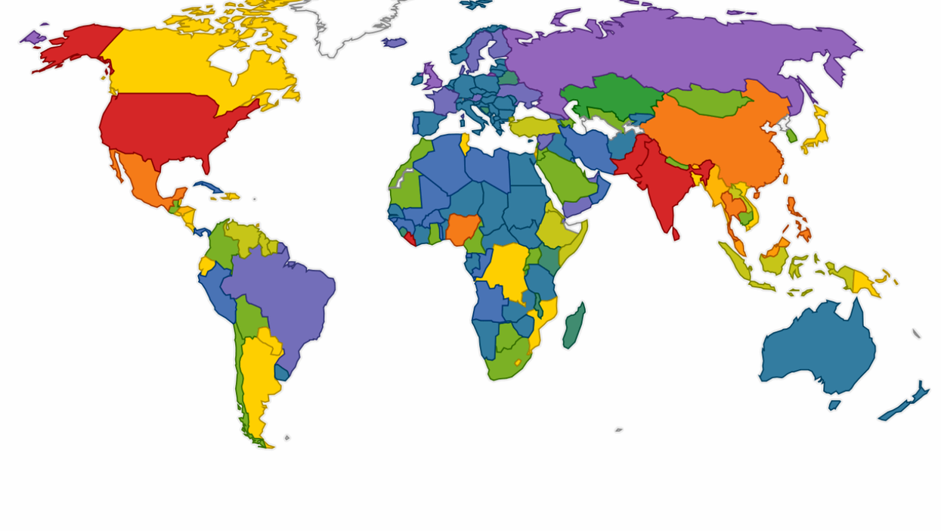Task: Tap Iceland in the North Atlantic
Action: point(394,42)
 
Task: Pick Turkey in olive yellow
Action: point(533,126)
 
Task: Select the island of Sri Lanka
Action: point(676,234)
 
